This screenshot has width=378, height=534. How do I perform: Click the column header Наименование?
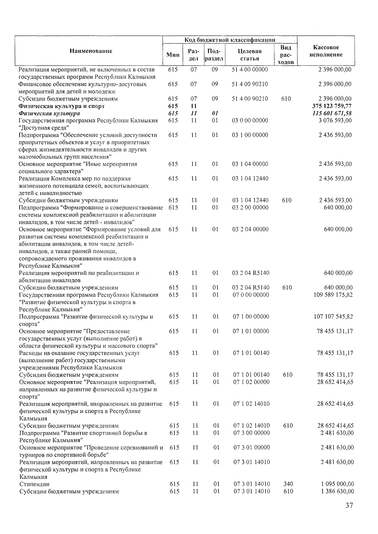tap(91, 51)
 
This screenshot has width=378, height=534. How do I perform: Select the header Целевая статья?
tap(250, 55)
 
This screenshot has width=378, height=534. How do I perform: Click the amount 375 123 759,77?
tap(332, 106)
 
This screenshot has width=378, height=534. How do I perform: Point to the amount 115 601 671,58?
tap(332, 113)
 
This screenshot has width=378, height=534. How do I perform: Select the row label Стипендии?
tap(34, 484)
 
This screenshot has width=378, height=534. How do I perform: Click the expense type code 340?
tap(288, 484)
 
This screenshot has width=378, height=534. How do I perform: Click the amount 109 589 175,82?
tap(333, 295)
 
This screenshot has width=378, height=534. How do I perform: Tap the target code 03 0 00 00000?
tap(250, 120)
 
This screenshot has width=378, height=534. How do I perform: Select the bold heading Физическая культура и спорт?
tap(61, 106)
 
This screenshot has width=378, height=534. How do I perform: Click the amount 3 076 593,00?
tap(335, 120)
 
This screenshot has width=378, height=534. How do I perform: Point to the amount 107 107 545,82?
tap(333, 316)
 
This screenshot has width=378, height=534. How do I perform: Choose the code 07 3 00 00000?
tap(251, 433)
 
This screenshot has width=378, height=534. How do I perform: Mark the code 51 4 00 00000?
tap(250, 69)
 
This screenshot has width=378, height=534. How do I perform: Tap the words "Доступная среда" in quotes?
tap(44, 128)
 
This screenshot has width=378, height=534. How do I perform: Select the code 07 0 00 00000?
tap(251, 295)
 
